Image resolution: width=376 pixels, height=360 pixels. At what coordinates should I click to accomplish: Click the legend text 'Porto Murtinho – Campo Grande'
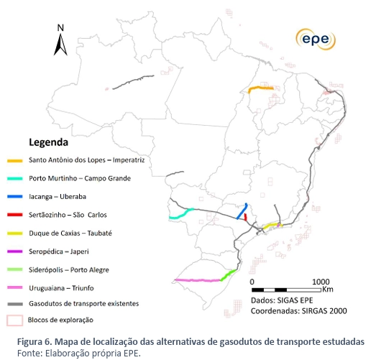[x=77, y=178]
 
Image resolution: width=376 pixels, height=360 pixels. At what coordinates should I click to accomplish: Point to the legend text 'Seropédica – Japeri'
[x=59, y=250]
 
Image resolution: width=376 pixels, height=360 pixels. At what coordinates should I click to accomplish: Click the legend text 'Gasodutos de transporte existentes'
[x=83, y=303]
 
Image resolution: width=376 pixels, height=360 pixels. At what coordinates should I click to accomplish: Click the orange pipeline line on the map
[x=260, y=88]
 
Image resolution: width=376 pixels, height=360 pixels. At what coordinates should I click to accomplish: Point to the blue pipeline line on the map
[x=242, y=211]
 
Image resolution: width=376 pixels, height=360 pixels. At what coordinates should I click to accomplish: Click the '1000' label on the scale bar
[x=321, y=282]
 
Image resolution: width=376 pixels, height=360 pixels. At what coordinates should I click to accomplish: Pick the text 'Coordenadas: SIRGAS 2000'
[x=298, y=311]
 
